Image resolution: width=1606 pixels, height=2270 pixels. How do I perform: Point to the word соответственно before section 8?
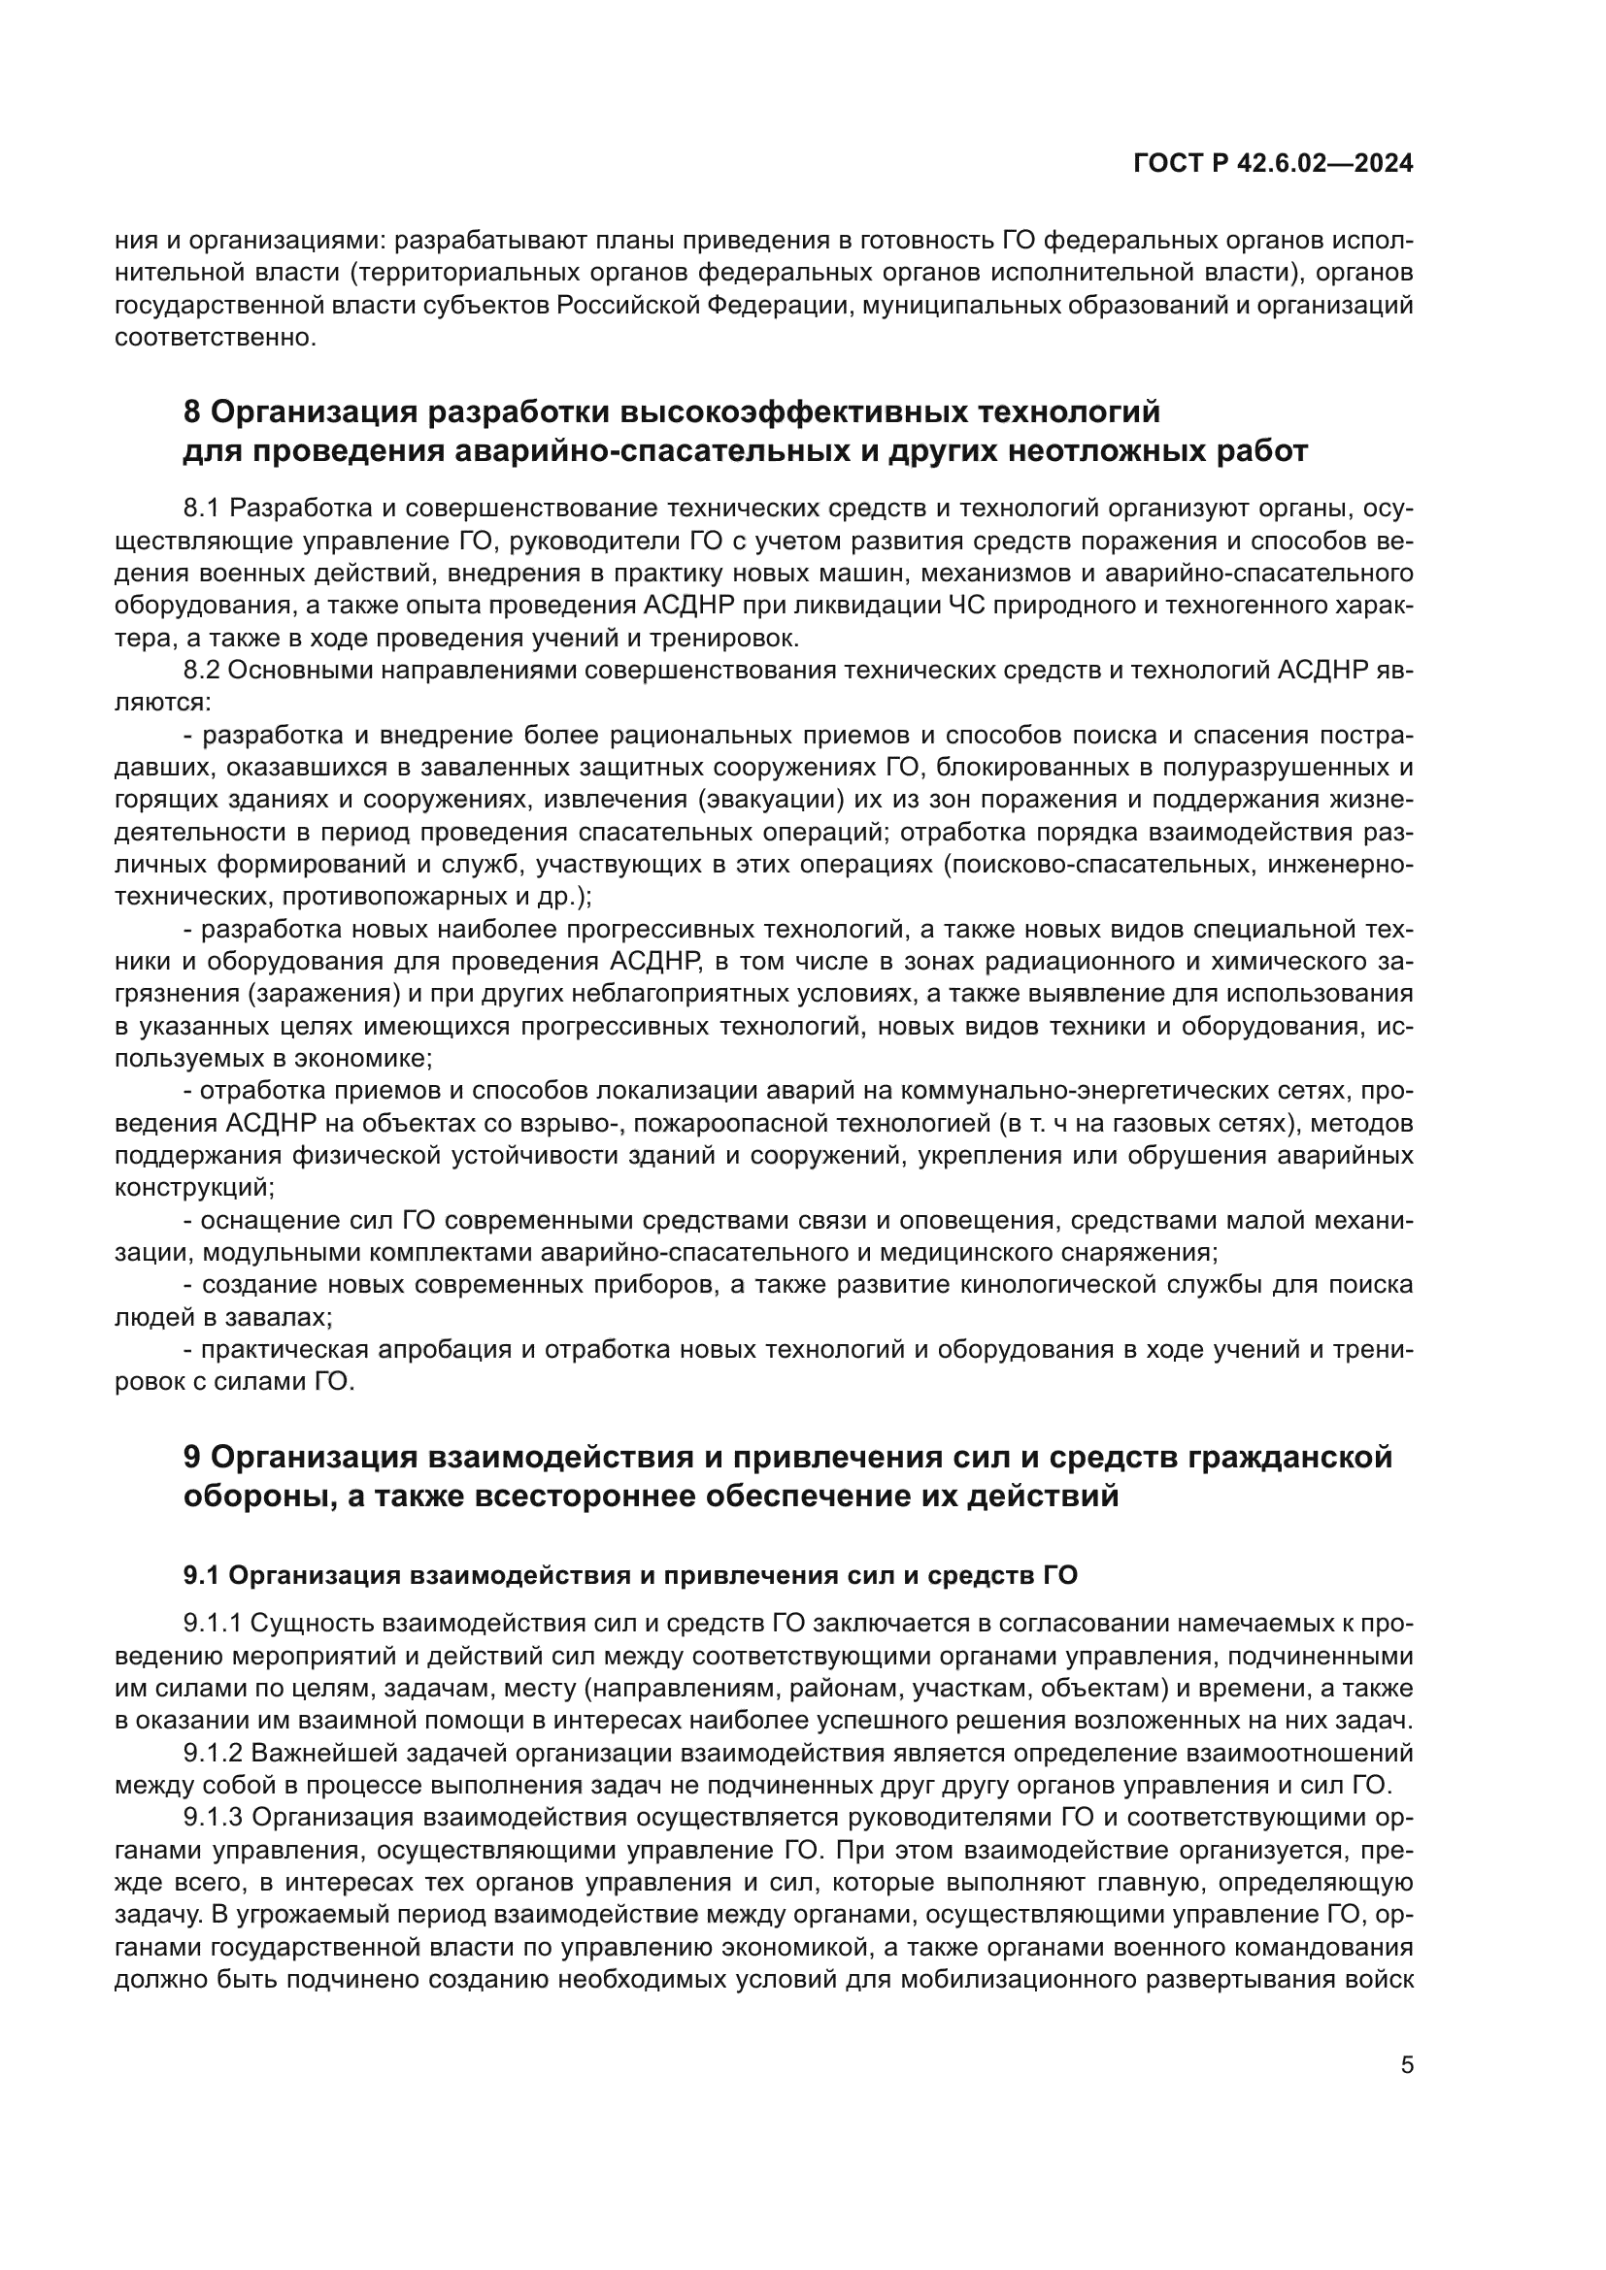(x=215, y=337)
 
